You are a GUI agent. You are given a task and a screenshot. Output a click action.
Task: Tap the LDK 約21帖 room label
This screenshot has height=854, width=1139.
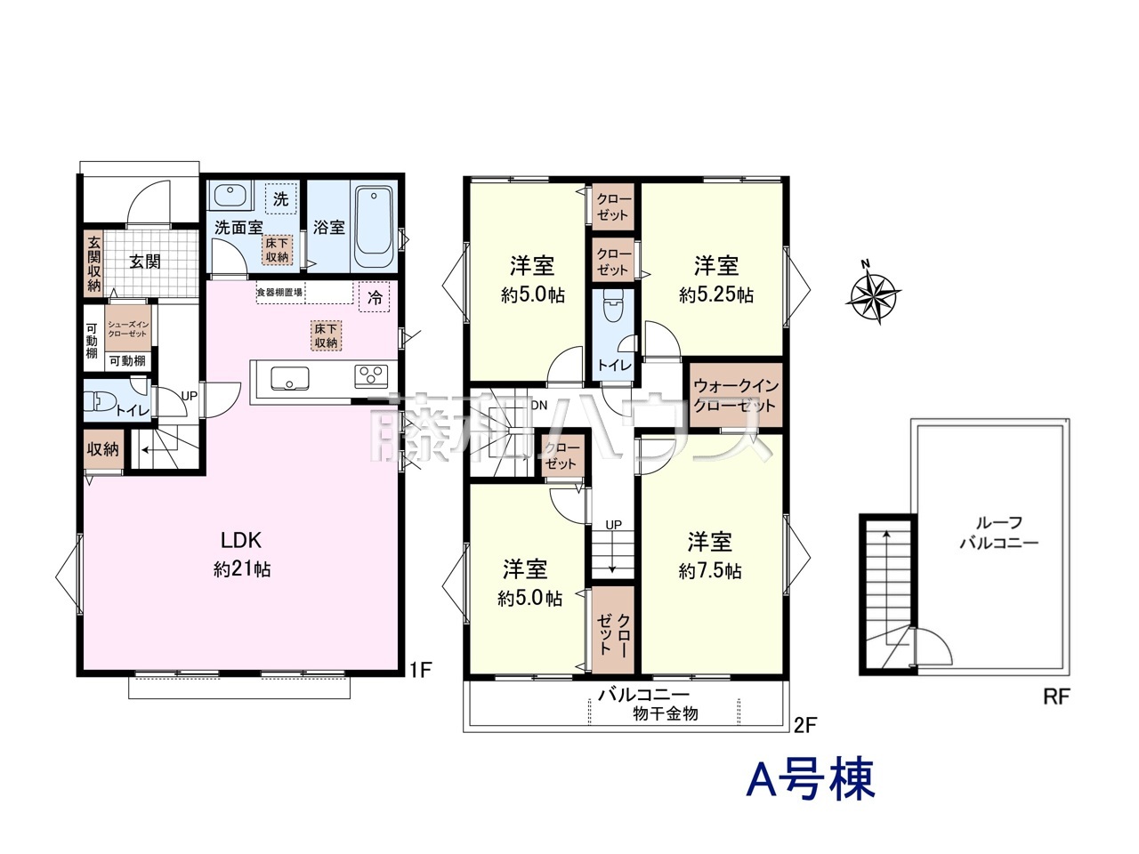(x=241, y=554)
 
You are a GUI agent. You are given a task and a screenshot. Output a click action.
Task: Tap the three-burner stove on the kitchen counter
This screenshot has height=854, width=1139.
(x=371, y=376)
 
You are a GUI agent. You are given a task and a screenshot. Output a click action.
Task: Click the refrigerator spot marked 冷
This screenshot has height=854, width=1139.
(x=376, y=298)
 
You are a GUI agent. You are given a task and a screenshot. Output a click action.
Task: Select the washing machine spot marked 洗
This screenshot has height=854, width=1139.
(x=280, y=199)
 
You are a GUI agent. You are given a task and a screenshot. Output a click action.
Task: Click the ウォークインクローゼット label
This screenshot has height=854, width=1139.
(x=735, y=396)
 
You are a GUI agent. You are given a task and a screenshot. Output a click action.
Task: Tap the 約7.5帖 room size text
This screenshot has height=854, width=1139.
(x=710, y=571)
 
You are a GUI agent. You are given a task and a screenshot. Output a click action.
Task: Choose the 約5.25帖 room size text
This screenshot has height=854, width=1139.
(x=716, y=294)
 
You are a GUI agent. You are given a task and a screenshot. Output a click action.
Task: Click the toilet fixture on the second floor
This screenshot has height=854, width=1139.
(x=612, y=308)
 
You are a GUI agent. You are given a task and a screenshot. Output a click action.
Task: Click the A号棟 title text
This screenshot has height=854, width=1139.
(x=811, y=778)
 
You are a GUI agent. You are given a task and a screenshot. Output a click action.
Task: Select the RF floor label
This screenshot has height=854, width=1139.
(x=1055, y=697)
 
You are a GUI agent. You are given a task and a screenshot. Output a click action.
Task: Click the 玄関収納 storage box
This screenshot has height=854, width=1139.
(x=93, y=263)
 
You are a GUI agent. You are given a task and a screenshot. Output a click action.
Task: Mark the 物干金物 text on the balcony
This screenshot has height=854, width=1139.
(x=666, y=713)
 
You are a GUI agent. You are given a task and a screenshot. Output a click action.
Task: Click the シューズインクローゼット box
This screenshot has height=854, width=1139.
(x=127, y=328)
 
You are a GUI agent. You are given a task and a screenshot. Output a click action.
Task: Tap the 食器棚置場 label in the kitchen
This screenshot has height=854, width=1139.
(x=279, y=292)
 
